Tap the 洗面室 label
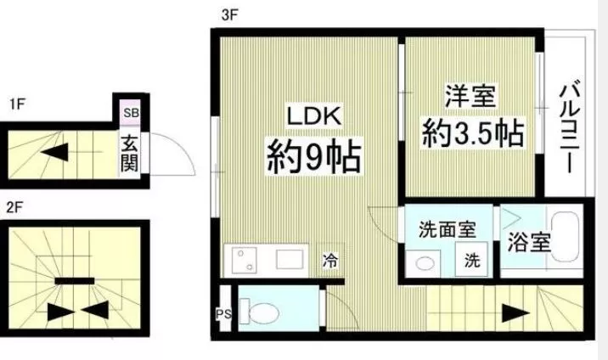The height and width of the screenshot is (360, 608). pyautogui.click(x=447, y=229)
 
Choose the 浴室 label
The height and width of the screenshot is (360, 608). pyautogui.click(x=530, y=242)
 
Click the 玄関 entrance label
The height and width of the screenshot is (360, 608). pyautogui.click(x=129, y=151)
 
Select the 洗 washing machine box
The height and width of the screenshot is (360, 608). pyautogui.click(x=470, y=262)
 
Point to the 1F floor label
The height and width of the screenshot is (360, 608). pyautogui.click(x=17, y=104)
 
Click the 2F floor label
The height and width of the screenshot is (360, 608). pyautogui.click(x=14, y=206)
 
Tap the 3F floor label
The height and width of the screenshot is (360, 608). pyautogui.click(x=228, y=14)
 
